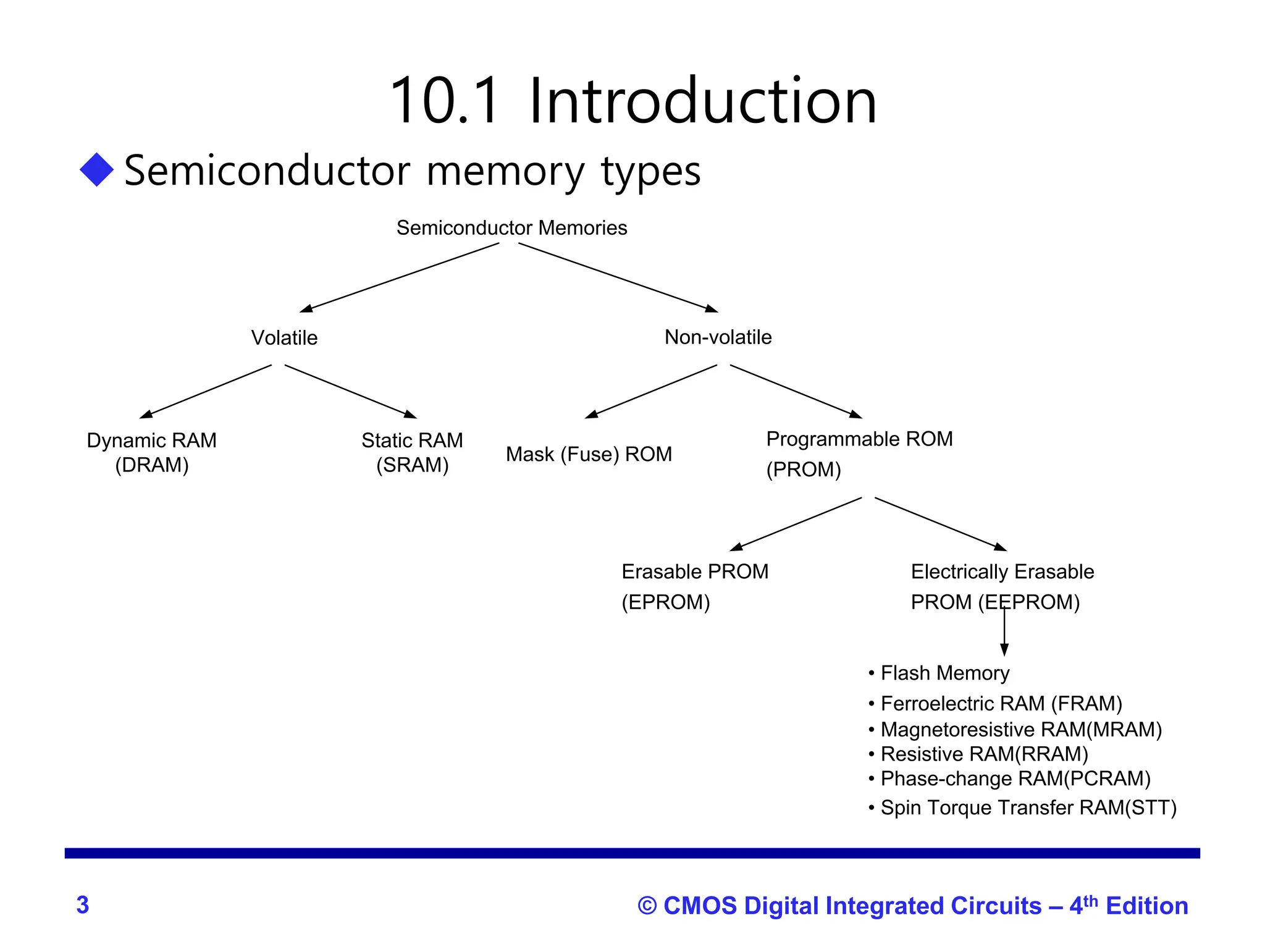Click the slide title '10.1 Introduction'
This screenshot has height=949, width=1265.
(x=632, y=101)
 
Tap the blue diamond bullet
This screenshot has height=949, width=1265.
(x=97, y=169)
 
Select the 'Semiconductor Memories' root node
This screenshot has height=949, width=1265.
(x=511, y=228)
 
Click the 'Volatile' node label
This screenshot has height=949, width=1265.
(x=284, y=338)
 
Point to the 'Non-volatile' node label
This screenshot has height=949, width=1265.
(x=718, y=337)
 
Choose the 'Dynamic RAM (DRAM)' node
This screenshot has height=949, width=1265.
(x=152, y=452)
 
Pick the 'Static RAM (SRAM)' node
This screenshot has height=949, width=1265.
(x=412, y=452)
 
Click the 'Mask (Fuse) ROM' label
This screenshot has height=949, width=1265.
(x=589, y=454)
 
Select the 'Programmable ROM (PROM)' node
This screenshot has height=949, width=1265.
(x=859, y=454)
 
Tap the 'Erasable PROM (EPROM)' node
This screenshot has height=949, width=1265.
(x=694, y=586)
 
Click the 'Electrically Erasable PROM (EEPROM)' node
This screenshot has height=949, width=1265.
(x=1002, y=586)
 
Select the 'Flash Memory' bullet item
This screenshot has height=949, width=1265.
(x=944, y=673)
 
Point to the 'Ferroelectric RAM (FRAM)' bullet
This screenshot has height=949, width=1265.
(x=1001, y=703)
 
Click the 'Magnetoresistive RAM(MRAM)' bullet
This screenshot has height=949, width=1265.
(x=1020, y=730)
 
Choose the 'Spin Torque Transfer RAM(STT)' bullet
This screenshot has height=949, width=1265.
(x=1028, y=808)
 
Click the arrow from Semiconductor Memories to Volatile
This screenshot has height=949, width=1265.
(x=400, y=277)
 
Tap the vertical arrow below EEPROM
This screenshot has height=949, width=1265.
(x=1004, y=633)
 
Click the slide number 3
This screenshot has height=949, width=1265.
(x=83, y=905)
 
